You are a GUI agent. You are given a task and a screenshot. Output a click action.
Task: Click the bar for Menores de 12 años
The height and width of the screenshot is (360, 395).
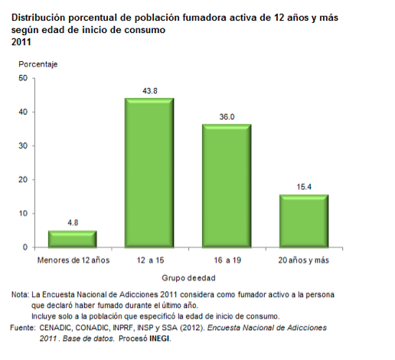pyautogui.click(x=73, y=239)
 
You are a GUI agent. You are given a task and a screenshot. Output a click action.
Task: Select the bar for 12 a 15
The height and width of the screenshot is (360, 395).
pyautogui.click(x=149, y=173)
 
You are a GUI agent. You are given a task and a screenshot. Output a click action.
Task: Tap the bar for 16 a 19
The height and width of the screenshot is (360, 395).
pyautogui.click(x=227, y=186)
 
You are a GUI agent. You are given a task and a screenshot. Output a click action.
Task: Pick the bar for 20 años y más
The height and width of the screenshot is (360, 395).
pyautogui.click(x=304, y=221)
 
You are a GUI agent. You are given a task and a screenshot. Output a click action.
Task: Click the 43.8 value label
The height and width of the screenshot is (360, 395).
pyautogui.click(x=150, y=91)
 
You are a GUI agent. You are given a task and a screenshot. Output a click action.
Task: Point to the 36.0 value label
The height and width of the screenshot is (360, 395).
pyautogui.click(x=227, y=117)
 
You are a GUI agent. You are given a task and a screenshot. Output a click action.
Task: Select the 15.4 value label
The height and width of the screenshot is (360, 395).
pyautogui.click(x=304, y=187)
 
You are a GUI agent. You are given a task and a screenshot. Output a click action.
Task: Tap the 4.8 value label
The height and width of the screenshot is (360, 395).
pyautogui.click(x=73, y=223)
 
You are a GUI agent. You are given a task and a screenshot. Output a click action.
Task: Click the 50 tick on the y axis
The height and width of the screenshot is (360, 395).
pyautogui.click(x=23, y=78)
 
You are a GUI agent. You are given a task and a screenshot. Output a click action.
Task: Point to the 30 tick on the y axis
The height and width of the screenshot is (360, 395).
pyautogui.click(x=23, y=146)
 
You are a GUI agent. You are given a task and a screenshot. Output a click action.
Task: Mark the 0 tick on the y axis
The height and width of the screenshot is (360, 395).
pyautogui.click(x=25, y=247)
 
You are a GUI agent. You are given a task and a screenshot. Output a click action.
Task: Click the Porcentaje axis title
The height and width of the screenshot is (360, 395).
pyautogui.click(x=38, y=64)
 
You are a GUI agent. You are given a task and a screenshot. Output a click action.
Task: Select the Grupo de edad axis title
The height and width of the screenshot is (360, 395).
pyautogui.click(x=188, y=278)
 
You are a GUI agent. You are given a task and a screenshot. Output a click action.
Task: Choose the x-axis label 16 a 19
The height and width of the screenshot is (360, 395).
pyautogui.click(x=227, y=260)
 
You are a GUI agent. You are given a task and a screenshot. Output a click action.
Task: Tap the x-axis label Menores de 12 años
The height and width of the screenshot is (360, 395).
pyautogui.click(x=73, y=260)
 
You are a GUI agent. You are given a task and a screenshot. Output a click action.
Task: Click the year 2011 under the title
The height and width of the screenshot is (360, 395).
pyautogui.click(x=21, y=42)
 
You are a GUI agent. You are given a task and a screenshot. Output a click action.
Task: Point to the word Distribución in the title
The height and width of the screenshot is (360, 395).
pyautogui.click(x=38, y=18)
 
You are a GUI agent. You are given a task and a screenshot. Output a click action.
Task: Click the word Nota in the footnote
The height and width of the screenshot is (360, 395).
pyautogui.click(x=20, y=295)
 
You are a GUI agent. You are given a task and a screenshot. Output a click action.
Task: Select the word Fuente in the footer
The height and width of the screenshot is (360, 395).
pyautogui.click(x=23, y=328)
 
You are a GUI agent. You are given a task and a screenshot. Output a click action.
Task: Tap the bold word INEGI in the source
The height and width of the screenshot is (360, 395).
pyautogui.click(x=160, y=339)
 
